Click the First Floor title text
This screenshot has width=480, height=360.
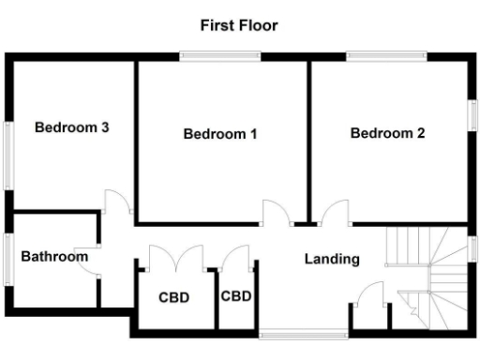coord(238,25)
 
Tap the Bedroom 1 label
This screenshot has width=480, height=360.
coord(220,134)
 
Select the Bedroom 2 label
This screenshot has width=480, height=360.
coord(387,133)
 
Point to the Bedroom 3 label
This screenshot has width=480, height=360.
coord(72,127)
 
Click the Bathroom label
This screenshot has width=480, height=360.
coord(54,256)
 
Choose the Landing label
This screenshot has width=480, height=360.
coord(331,259)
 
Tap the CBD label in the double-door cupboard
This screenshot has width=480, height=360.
coord(173,298)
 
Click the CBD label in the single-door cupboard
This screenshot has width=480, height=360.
coord(236,296)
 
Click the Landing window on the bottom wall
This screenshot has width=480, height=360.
coord(291,333)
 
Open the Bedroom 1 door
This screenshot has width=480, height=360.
coord(276,214)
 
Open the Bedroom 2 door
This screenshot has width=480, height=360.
coord(332,214)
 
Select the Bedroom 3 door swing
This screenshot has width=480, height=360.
coord(114,201)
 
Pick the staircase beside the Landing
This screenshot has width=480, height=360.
coord(430,272)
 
